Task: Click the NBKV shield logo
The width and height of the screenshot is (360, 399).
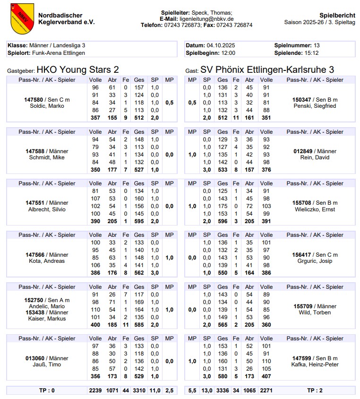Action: (22, 18)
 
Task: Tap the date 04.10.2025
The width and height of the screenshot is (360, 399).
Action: (221, 45)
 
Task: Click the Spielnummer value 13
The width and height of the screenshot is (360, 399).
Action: (317, 45)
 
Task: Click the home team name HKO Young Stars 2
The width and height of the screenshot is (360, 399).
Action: (78, 70)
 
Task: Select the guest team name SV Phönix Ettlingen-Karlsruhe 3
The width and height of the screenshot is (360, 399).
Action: (267, 70)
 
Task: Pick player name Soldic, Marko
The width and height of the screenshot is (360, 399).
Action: (47, 106)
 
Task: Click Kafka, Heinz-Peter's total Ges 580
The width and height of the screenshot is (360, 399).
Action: (221, 376)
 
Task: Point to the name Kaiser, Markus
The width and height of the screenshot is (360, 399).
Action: (47, 319)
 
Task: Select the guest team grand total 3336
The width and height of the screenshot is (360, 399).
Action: (221, 390)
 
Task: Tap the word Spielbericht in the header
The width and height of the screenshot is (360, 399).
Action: (337, 15)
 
